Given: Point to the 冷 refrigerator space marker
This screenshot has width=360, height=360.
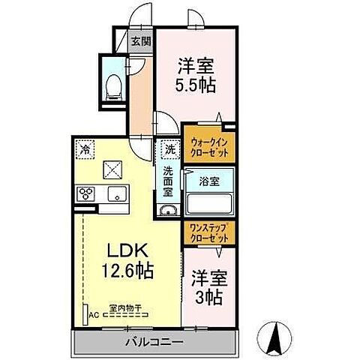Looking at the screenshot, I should [x=85, y=149].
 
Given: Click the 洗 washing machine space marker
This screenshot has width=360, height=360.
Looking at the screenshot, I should [x=169, y=150].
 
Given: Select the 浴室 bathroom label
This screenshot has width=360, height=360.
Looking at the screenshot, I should [x=208, y=180].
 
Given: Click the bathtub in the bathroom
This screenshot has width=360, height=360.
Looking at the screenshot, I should [x=208, y=203].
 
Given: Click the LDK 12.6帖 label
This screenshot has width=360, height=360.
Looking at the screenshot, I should [x=127, y=259].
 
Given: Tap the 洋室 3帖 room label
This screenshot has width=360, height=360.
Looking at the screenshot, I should [x=205, y=286].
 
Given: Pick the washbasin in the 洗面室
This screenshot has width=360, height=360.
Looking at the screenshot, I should [x=168, y=208].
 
